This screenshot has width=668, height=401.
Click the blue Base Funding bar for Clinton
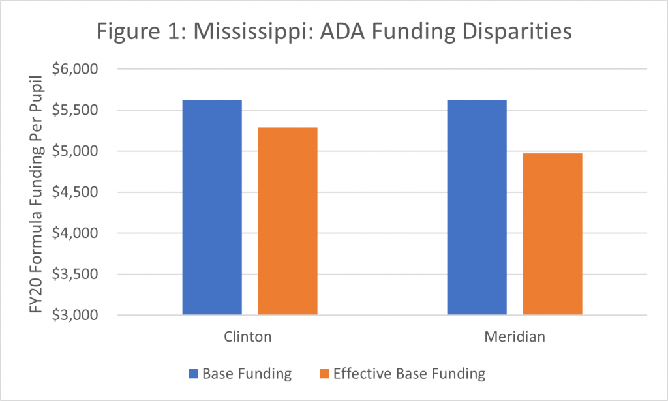212,207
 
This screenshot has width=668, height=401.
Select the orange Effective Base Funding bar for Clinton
288,221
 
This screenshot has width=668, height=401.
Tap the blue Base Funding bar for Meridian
477,207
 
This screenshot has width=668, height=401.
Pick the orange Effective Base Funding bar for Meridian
553,234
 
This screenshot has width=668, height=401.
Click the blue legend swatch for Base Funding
192,374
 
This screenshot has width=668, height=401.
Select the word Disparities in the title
510,33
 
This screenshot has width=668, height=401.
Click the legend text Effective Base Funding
409,374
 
